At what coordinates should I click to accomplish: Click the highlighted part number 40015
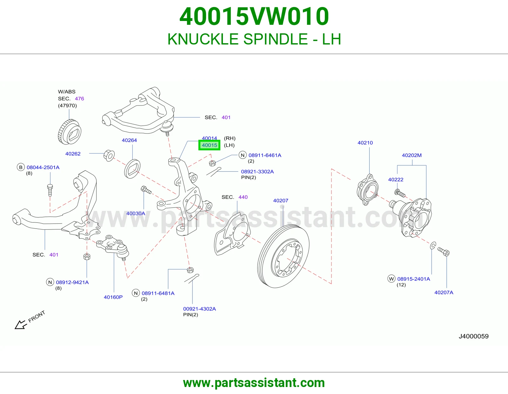[x=209, y=145]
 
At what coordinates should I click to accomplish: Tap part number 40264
[x=129, y=140]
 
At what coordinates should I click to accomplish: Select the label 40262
[x=73, y=154]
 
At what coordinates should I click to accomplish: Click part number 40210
[x=365, y=143]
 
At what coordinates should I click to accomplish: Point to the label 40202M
[x=411, y=155]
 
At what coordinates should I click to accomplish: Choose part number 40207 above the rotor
[x=281, y=200]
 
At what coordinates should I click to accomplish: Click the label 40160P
[x=113, y=297]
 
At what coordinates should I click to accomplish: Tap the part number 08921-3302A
[x=257, y=172]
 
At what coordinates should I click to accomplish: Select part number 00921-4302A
[x=199, y=309]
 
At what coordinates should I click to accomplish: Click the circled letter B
[x=21, y=167]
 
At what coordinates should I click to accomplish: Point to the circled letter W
[x=391, y=279]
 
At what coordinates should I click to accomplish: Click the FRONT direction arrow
[x=21, y=324]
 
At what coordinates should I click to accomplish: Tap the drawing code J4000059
[x=474, y=336]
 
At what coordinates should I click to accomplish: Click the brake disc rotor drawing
[x=283, y=256]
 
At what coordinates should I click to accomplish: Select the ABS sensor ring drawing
[x=70, y=132]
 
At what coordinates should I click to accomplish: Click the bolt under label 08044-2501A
[x=50, y=190]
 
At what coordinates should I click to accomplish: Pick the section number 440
[x=243, y=197]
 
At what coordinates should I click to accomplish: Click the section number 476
[x=79, y=98]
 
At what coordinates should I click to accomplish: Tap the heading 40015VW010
[x=254, y=16]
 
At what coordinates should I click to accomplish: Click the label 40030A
[x=136, y=214]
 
